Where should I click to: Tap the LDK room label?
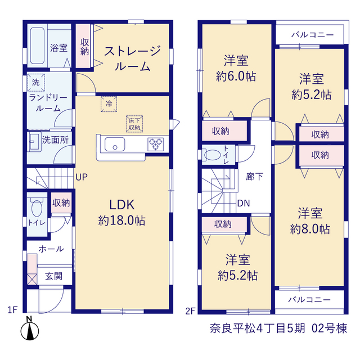[121, 205]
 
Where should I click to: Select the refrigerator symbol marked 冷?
[109, 104]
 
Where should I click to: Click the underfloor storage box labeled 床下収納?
[134, 124]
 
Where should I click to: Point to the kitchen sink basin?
[115, 144]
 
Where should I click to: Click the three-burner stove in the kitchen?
[156, 144]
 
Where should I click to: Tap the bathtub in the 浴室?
[37, 46]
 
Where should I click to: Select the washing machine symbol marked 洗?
[36, 82]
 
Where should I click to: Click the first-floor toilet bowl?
[37, 208]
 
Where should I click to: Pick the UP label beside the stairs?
[82, 177]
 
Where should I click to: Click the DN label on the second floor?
[244, 203]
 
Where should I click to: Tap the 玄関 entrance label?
[54, 276]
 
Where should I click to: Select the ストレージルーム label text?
[133, 58]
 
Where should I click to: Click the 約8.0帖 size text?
[310, 229]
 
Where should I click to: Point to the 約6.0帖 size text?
[236, 76]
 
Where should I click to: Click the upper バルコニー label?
[313, 35]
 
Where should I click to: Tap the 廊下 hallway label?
[254, 177]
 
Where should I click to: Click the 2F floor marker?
[190, 311]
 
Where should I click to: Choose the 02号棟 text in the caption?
[329, 328]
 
